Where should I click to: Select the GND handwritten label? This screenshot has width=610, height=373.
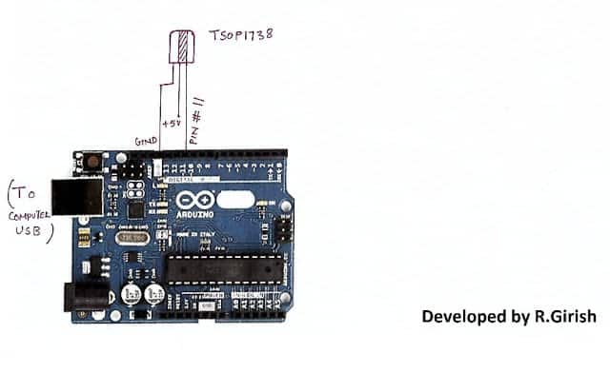pyautogui.click(x=145, y=140)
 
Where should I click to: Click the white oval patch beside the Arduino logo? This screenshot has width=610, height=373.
pyautogui.click(x=236, y=201)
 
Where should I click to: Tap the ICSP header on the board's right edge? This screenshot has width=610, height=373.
pyautogui.click(x=284, y=228)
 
